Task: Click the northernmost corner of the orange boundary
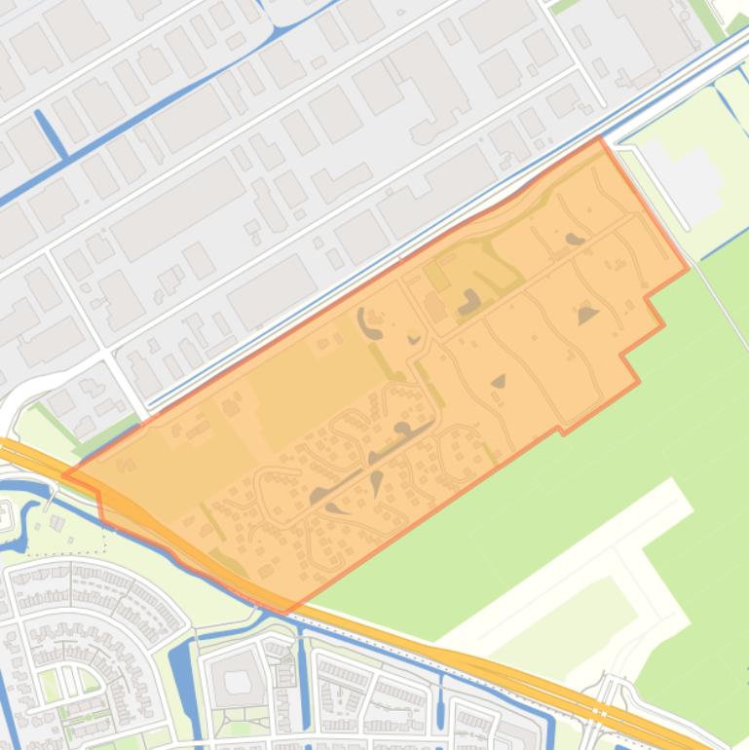click(x=598, y=138)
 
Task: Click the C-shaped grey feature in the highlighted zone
click(x=367, y=321)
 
